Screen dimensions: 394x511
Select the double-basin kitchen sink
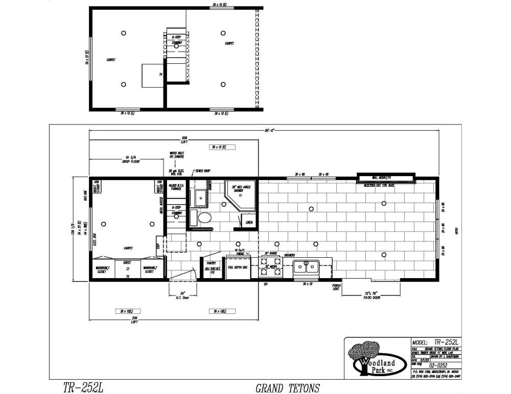click(306, 266)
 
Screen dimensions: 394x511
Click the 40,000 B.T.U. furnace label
click(175, 187)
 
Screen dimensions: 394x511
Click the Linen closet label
click(249, 223)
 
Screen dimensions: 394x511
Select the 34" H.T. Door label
click(182, 295)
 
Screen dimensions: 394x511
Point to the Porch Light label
click(337, 287)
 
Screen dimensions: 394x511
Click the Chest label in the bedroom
click(127, 263)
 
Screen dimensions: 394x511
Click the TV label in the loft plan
click(160, 75)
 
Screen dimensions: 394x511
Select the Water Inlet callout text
click(177, 154)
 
